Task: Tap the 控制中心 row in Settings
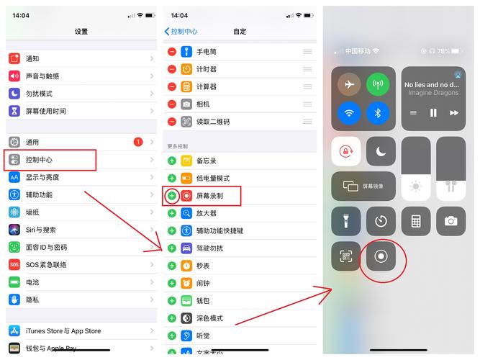[50, 160]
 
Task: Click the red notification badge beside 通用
[138, 142]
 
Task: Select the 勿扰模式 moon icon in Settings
[14, 94]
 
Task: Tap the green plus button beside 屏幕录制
[172, 195]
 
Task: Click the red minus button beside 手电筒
[172, 52]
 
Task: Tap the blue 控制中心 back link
[181, 32]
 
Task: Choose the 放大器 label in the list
[207, 213]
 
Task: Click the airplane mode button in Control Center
[350, 85]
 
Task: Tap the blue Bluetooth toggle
[377, 112]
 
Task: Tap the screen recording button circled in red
[381, 256]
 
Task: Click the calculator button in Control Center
[416, 221]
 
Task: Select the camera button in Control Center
[450, 221]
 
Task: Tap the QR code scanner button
[346, 256]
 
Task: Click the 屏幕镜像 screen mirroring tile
[363, 186]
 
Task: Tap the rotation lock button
[346, 151]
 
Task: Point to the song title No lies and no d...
[431, 85]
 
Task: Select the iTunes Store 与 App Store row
[63, 331]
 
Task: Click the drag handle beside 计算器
[307, 86]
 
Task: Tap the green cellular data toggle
[377, 85]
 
